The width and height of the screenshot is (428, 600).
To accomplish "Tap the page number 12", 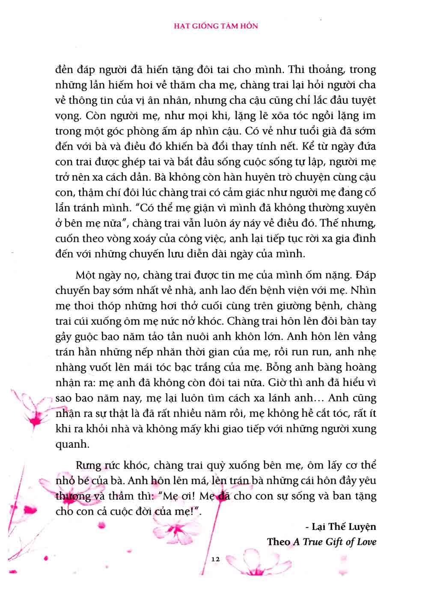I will [x=215, y=559].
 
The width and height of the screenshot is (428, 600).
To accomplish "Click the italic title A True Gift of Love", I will [x=335, y=542].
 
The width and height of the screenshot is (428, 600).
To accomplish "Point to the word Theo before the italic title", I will [x=279, y=542].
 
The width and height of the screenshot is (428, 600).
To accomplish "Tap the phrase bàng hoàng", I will [x=342, y=367].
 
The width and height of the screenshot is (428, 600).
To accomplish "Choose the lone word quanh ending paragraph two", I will [x=71, y=444].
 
